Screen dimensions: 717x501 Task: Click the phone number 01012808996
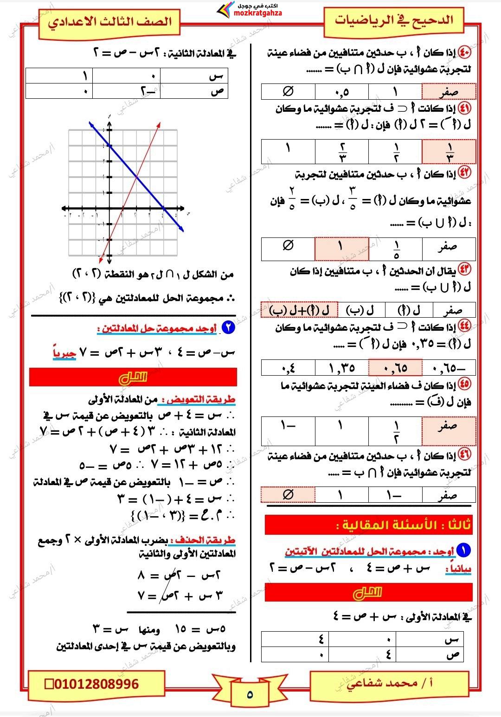point(96,684)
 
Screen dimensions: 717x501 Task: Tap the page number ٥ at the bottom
point(250,694)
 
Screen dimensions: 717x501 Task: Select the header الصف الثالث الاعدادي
point(110,22)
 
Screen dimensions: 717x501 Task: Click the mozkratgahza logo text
point(258,13)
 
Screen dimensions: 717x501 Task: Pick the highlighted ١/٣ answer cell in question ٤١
point(449,152)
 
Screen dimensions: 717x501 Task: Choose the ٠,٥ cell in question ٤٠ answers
point(342,92)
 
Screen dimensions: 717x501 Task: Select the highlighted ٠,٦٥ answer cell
point(395,368)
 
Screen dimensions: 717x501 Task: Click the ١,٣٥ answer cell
point(342,368)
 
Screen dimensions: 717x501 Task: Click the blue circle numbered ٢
point(228,328)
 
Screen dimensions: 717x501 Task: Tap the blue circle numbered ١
point(463,551)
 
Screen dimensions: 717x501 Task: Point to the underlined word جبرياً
point(64,353)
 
